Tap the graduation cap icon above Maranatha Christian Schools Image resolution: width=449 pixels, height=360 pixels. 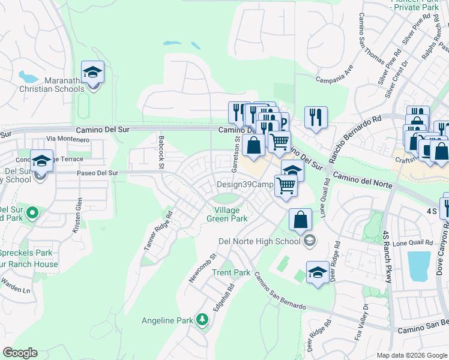click(92, 73)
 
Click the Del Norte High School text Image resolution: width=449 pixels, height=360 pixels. click(259, 241)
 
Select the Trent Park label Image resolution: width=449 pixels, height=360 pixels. click(231, 272)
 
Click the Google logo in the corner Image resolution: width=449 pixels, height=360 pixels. click(20, 353)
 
